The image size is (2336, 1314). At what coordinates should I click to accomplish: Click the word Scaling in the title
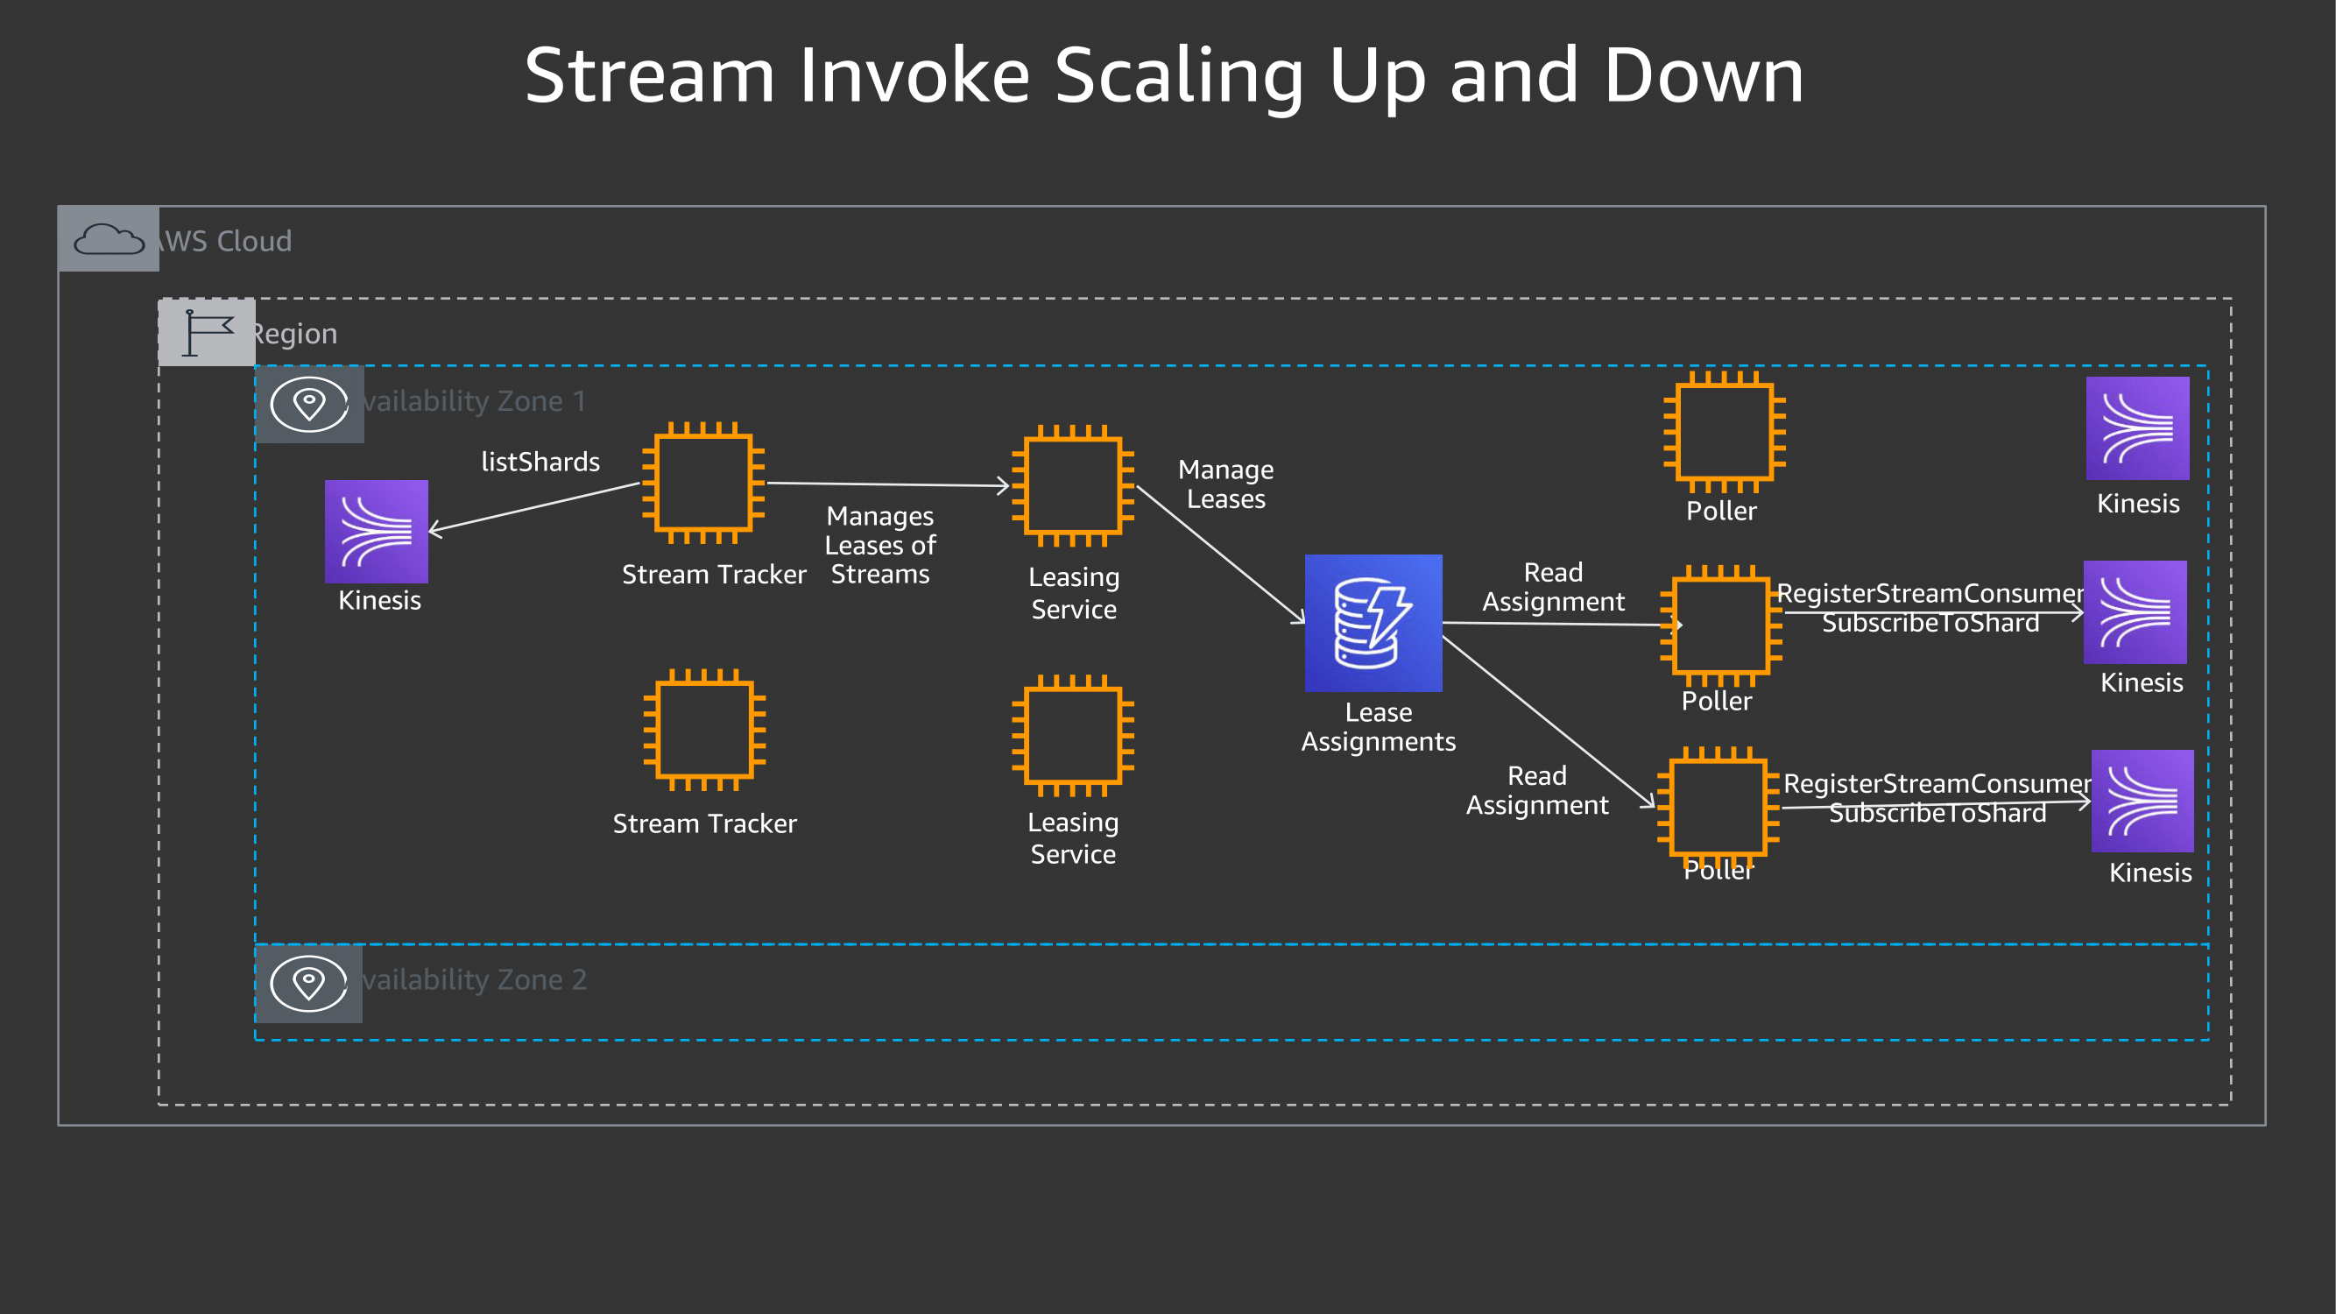(x=1179, y=77)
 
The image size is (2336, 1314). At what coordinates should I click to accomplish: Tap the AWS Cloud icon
(x=109, y=239)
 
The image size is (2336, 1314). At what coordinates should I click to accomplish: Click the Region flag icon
(x=207, y=333)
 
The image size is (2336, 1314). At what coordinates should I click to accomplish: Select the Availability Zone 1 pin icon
(x=309, y=404)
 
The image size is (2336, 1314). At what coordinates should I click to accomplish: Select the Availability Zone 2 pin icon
(x=309, y=983)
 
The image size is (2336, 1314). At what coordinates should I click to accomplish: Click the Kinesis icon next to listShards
(x=377, y=532)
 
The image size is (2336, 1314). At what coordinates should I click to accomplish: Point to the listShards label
(x=540, y=463)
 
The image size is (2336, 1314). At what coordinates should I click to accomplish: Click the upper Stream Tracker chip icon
(x=703, y=484)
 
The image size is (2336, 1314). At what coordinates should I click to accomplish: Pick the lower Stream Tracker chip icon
(x=704, y=730)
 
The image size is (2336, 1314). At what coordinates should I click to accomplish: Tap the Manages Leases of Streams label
(x=879, y=545)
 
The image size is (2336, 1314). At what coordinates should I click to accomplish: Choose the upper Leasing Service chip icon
(x=1074, y=486)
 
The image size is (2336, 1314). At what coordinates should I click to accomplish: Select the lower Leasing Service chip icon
(x=1074, y=736)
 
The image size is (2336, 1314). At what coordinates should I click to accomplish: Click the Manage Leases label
(x=1226, y=484)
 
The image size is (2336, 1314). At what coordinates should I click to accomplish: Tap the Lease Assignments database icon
(x=1373, y=623)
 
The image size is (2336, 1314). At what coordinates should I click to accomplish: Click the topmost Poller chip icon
(x=1724, y=432)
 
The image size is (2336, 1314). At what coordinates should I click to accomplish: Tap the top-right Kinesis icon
(x=2137, y=428)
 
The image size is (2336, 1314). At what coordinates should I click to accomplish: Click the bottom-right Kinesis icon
(x=2142, y=801)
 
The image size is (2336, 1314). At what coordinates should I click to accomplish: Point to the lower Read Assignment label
(x=1537, y=791)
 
